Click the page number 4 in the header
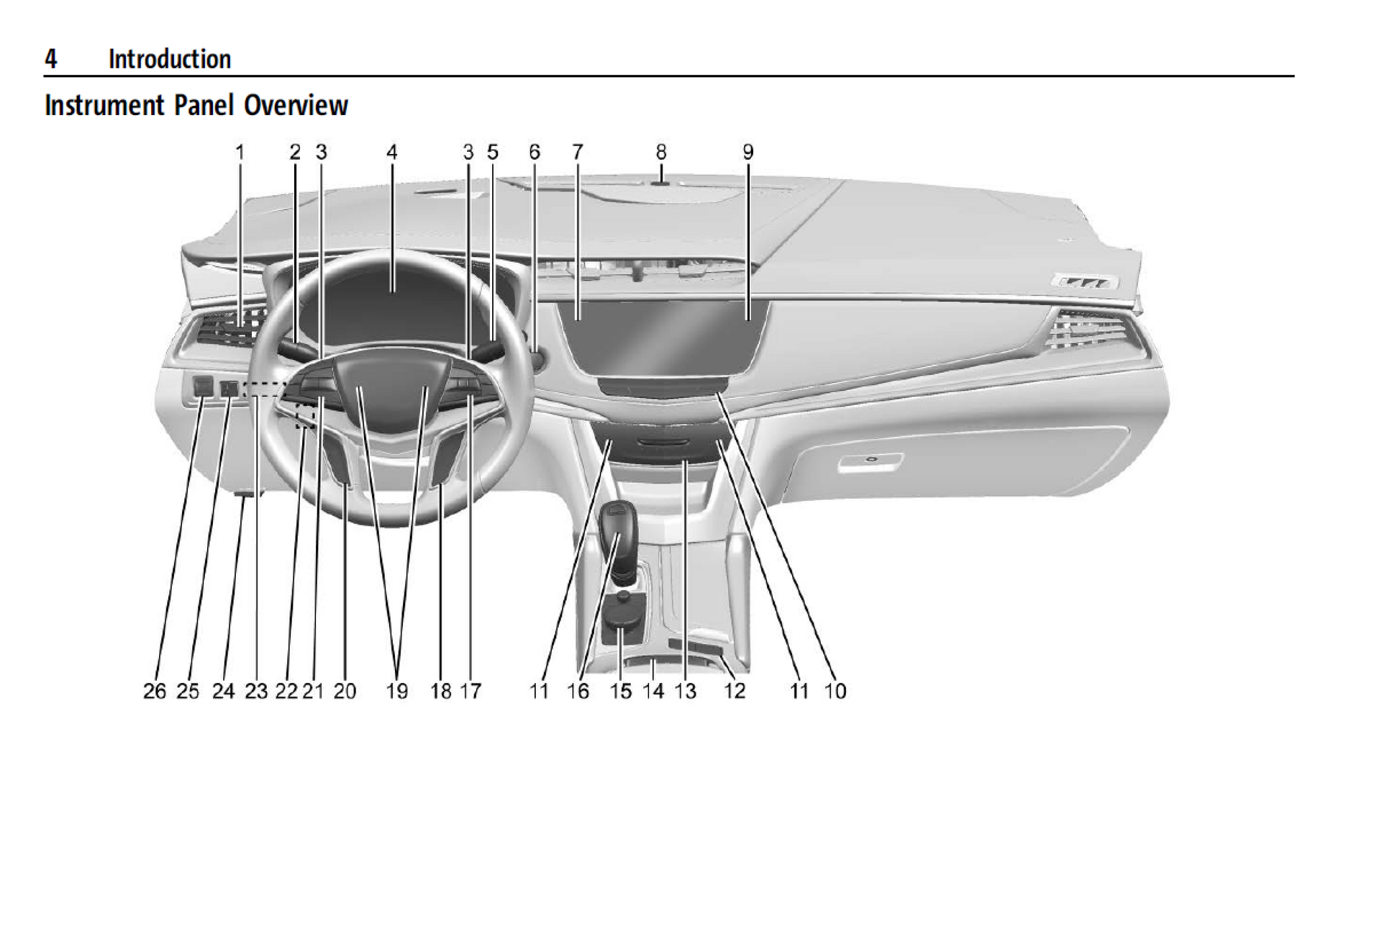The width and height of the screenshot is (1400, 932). (x=50, y=59)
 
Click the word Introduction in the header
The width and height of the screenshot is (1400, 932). (x=170, y=59)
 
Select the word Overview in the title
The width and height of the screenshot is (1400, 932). (x=296, y=105)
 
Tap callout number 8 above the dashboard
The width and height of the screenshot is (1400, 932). (x=660, y=152)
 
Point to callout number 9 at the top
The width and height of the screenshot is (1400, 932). (x=748, y=152)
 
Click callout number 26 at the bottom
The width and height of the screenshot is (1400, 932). (x=155, y=691)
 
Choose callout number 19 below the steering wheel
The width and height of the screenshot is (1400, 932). (x=396, y=691)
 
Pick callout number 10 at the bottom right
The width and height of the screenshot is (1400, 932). (x=835, y=691)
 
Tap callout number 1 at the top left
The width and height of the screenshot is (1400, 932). (x=240, y=152)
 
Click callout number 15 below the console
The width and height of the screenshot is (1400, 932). (x=621, y=691)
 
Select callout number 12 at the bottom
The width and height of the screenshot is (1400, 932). (x=735, y=691)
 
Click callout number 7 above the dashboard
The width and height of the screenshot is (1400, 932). (x=577, y=152)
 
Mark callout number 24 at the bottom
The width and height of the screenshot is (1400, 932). (x=223, y=691)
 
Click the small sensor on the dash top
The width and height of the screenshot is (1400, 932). (x=660, y=184)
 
